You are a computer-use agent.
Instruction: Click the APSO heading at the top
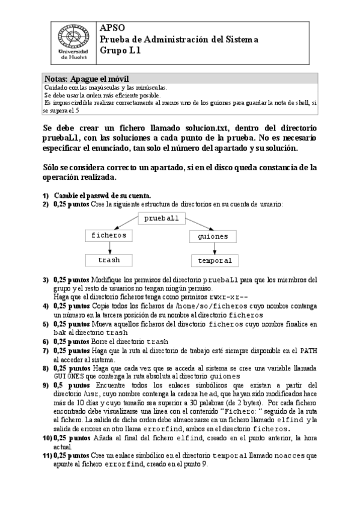(112, 28)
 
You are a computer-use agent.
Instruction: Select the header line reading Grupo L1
(120, 51)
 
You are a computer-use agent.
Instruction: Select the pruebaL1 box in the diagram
(162, 218)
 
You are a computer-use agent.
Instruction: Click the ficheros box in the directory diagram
(109, 235)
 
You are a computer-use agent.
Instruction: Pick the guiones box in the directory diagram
(213, 236)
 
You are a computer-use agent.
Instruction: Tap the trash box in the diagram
(109, 260)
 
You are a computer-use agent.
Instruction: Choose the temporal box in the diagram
(215, 261)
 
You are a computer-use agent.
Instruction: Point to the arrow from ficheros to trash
(109, 248)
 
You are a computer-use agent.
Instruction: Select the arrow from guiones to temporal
(213, 249)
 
